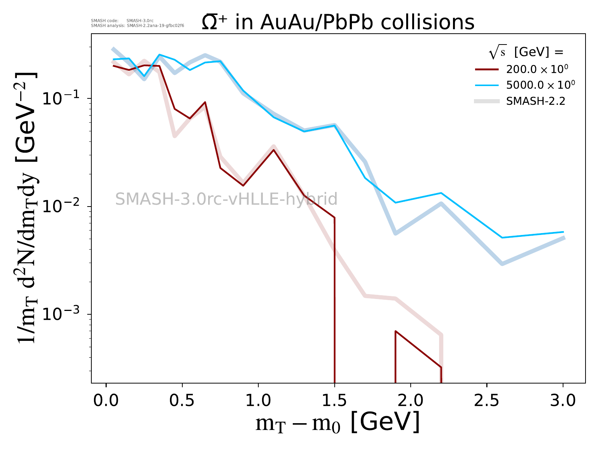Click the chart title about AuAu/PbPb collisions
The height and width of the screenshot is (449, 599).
[338, 22]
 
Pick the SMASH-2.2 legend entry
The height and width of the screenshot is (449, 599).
[535, 101]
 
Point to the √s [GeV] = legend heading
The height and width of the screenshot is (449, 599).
[526, 52]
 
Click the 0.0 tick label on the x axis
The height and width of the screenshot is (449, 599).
[106, 401]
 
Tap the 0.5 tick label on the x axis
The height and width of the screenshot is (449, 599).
[182, 401]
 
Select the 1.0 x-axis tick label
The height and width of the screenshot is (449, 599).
[258, 401]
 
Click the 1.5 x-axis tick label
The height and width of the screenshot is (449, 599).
[334, 401]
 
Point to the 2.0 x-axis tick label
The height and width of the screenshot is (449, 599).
[411, 401]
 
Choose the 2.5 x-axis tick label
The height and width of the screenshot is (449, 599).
[487, 401]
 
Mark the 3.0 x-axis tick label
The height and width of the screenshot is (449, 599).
[563, 401]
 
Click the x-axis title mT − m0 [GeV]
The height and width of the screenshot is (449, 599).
[337, 423]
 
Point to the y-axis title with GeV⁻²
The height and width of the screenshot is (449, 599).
[27, 208]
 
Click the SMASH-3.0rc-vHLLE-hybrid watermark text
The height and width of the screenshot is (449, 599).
[226, 199]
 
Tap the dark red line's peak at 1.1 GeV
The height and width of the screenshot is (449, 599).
[274, 150]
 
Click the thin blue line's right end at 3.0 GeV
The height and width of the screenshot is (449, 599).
[563, 232]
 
